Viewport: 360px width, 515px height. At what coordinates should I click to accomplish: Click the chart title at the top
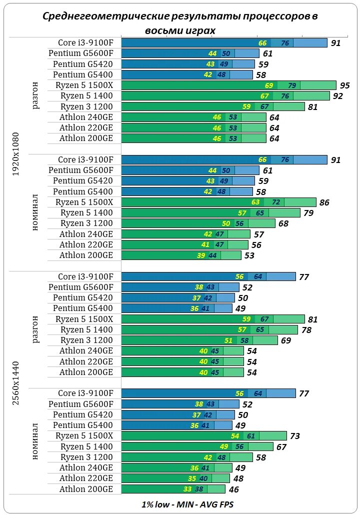click(180, 23)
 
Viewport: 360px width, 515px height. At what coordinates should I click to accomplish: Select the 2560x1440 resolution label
click(16, 383)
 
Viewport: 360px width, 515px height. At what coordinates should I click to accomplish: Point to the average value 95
click(344, 85)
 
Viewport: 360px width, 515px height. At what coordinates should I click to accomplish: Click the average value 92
click(337, 96)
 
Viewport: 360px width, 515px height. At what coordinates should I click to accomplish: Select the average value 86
click(324, 202)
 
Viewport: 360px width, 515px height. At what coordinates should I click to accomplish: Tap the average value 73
click(294, 436)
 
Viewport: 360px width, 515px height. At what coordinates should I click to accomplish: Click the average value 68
click(283, 223)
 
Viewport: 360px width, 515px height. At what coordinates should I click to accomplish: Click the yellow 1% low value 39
click(201, 255)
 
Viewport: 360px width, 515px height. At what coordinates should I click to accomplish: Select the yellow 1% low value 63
click(255, 202)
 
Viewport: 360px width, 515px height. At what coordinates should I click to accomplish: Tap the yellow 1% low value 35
click(192, 478)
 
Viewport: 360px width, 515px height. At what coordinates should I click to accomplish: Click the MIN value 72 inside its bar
click(275, 202)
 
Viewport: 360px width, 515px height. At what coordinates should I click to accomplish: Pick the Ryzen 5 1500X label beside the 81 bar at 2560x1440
click(84, 319)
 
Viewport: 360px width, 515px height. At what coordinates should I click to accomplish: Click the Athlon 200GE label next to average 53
click(86, 255)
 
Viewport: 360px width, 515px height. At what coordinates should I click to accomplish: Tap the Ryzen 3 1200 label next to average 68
click(86, 223)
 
